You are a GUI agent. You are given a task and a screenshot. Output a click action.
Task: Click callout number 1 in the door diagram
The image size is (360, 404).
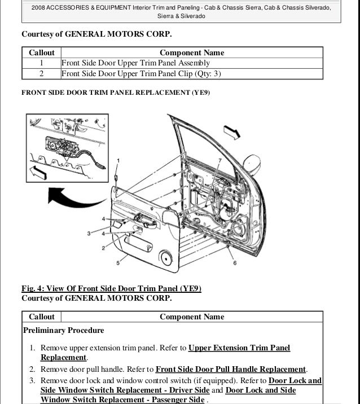tap(117, 161)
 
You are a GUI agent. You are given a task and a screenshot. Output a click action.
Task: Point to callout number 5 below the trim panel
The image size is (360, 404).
tap(117, 263)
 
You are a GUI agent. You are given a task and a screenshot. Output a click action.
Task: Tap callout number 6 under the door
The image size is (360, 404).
tap(234, 264)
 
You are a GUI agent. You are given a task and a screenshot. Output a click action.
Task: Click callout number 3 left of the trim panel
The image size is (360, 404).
tap(89, 233)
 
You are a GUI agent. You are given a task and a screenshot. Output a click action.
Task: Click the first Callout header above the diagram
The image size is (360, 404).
tap(42, 52)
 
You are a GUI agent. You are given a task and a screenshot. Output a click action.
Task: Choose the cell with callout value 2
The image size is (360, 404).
tap(42, 73)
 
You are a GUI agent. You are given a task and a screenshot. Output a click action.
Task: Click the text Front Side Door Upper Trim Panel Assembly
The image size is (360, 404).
tap(135, 63)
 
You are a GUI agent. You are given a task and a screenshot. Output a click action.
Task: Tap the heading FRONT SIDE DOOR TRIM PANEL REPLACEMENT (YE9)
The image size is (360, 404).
tap(116, 92)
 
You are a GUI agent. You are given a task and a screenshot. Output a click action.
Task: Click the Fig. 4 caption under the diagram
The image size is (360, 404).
tap(111, 289)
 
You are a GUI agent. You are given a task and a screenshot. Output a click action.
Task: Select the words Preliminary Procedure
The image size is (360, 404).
tap(55, 330)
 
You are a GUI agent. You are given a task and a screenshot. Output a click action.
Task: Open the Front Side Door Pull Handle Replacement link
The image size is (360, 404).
tap(230, 370)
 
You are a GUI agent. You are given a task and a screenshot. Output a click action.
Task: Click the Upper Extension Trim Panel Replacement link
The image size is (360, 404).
tap(239, 348)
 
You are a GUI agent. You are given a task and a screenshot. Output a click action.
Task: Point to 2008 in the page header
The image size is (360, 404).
tap(39, 7)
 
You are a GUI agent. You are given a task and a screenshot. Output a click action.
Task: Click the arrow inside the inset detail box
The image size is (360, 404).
tap(37, 172)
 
